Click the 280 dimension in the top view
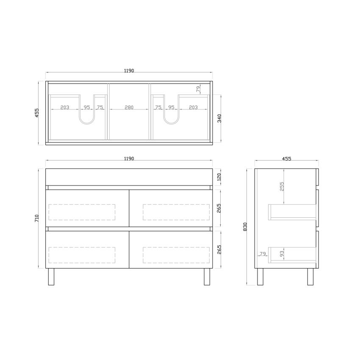[x=129, y=108]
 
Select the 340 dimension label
[x=219, y=118]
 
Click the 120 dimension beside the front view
[x=219, y=177]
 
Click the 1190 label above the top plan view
[x=129, y=71]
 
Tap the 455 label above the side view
[x=286, y=159]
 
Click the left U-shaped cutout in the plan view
[x=87, y=119]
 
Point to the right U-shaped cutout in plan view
[x=171, y=119]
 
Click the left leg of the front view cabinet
[x=51, y=277]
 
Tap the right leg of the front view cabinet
[x=207, y=277]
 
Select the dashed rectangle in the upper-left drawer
[x=82, y=212]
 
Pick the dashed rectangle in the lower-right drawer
[x=176, y=255]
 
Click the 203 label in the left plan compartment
[x=64, y=108]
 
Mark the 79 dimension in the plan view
[x=198, y=89]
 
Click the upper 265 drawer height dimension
[x=219, y=208]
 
